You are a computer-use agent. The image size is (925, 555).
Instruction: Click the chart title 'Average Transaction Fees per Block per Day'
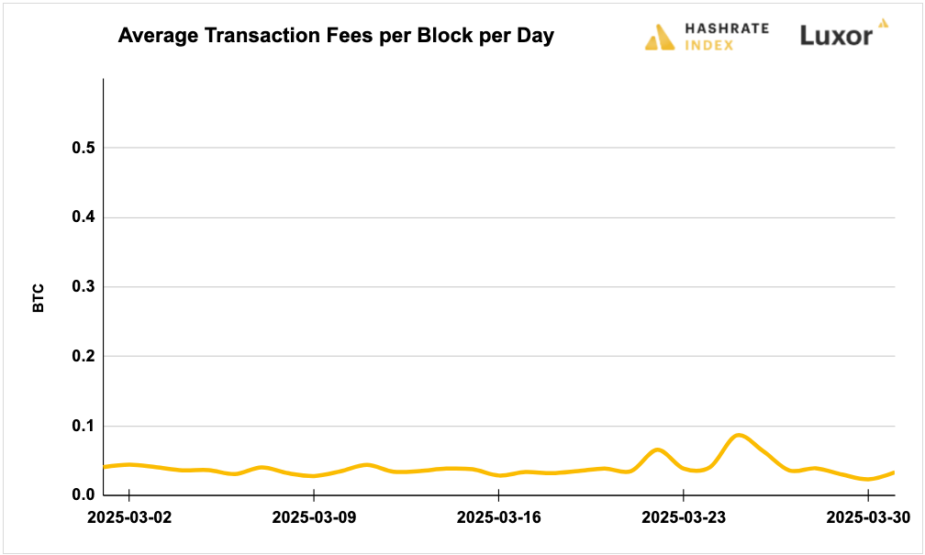(x=336, y=37)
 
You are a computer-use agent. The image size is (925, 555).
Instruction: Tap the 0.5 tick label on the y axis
(x=84, y=148)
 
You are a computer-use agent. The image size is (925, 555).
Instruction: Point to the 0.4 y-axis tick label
(x=84, y=217)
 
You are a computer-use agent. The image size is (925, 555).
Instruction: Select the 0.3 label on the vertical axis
(x=84, y=287)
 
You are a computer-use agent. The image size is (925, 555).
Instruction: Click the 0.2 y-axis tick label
(x=84, y=357)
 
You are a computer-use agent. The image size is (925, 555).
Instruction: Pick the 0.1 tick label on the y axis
(x=84, y=427)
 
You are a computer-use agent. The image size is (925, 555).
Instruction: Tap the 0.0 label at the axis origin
(x=84, y=496)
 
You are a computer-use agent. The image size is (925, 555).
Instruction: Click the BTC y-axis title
(x=39, y=298)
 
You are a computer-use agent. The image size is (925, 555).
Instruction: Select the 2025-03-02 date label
(x=129, y=517)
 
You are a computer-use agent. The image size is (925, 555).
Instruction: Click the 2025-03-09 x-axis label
(x=314, y=517)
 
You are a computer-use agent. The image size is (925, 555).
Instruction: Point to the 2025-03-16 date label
(x=498, y=517)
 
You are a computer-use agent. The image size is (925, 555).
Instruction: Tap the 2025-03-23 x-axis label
(x=684, y=517)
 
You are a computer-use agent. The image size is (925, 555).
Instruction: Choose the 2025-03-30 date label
(x=868, y=517)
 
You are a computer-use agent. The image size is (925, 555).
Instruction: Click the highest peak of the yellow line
(x=740, y=435)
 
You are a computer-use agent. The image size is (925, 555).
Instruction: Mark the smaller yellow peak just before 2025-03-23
(x=657, y=450)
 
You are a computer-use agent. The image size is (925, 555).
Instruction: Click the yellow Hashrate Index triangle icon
(x=660, y=37)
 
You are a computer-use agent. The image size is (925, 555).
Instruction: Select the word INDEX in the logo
(x=709, y=45)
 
